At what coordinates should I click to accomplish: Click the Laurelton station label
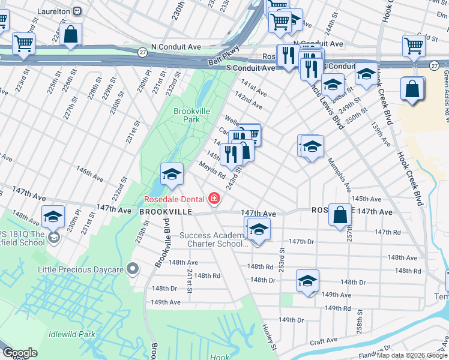point(54,11)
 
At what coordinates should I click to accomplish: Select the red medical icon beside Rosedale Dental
point(213,198)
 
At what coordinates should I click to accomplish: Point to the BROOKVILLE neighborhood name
point(166,212)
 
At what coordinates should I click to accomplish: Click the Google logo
point(19,353)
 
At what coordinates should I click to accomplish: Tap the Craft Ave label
point(324,341)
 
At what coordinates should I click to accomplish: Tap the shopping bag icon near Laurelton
point(71,35)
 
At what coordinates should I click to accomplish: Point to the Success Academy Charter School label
point(214,240)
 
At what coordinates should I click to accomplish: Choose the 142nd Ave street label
point(249,100)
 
